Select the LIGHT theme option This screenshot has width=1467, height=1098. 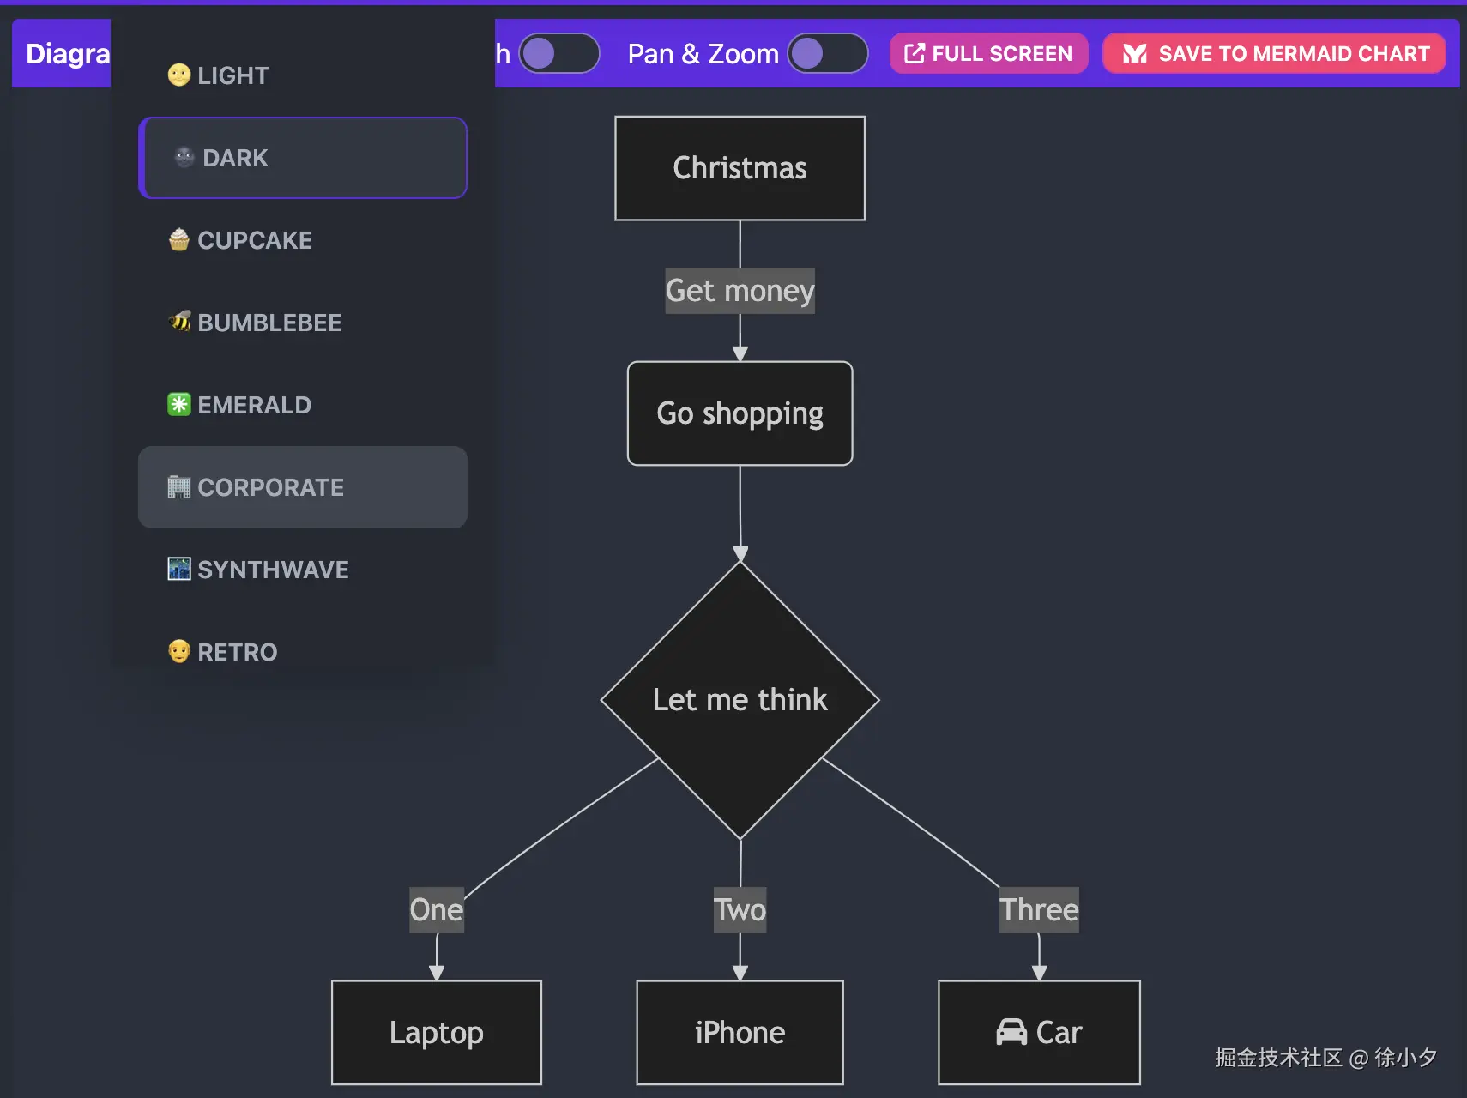click(x=219, y=75)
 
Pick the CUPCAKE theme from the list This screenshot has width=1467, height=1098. click(x=241, y=240)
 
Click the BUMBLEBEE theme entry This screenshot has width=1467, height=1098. click(x=255, y=323)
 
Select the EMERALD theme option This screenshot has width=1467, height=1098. click(x=240, y=405)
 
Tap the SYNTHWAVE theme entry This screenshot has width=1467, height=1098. click(x=259, y=570)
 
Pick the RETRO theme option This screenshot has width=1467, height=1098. click(x=223, y=652)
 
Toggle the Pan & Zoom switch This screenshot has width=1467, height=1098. click(x=827, y=54)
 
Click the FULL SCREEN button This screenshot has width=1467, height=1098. click(x=988, y=54)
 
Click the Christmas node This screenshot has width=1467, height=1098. click(x=740, y=168)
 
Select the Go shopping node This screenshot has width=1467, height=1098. click(x=740, y=413)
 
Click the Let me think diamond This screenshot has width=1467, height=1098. click(x=740, y=700)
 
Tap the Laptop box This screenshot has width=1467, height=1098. click(x=436, y=1032)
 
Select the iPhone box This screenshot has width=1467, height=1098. click(x=740, y=1032)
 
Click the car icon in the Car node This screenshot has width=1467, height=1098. click(x=1011, y=1032)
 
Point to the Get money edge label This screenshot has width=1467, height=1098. click(x=740, y=291)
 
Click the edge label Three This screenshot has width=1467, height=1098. click(x=1039, y=909)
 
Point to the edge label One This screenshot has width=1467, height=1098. click(x=436, y=909)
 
